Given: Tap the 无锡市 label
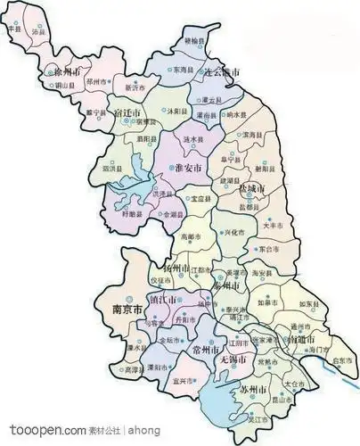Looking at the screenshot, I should point(232,359).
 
